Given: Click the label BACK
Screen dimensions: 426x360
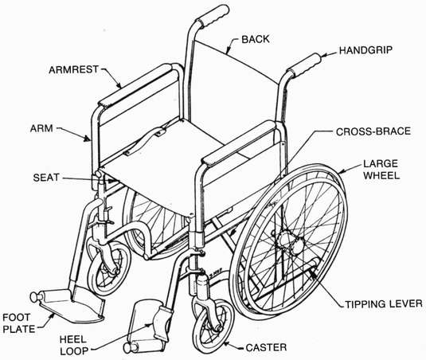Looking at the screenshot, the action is (x=256, y=39).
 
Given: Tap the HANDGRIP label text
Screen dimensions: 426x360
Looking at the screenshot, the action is (x=366, y=50).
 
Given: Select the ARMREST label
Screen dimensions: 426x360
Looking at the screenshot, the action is (x=73, y=70).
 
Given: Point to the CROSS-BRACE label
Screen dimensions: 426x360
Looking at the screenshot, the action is (x=373, y=131).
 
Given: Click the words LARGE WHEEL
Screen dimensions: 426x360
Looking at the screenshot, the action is (x=381, y=170).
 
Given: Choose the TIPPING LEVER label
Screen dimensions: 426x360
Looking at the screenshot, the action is (x=384, y=303).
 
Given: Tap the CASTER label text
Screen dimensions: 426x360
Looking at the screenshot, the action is (x=266, y=347).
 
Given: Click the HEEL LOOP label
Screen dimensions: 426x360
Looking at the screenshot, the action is (x=73, y=346).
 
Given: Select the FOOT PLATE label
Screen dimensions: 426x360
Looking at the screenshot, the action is (x=19, y=323).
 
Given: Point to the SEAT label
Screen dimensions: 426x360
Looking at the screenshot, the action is (x=46, y=178).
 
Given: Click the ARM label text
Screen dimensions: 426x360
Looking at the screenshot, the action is (x=41, y=128).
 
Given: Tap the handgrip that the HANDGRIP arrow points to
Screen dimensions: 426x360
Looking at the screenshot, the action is (x=304, y=65).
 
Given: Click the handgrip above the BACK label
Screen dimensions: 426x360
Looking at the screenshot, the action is (x=213, y=16).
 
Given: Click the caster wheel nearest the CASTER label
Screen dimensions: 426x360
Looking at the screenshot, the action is (x=213, y=323).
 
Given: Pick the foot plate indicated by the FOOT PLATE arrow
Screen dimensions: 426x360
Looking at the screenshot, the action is (x=71, y=306).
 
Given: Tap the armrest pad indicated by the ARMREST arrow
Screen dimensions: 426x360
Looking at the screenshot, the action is (x=135, y=85).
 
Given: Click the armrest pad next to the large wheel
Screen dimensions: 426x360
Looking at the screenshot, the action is (x=240, y=142).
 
